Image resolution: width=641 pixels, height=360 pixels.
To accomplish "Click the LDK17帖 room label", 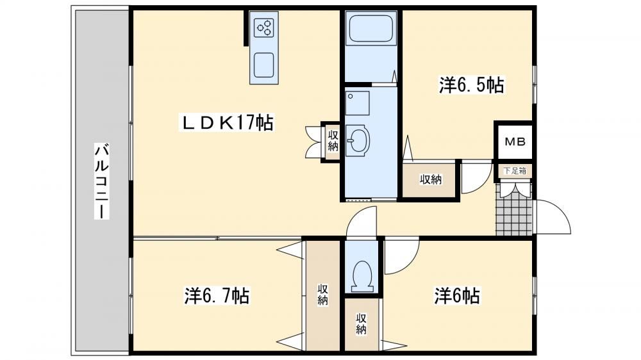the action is point(226,122).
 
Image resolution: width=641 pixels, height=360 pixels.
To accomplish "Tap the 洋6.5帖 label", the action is point(472,85).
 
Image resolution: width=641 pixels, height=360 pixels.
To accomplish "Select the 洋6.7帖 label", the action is point(217,295).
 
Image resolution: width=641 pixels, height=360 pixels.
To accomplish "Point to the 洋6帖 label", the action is point(457,295).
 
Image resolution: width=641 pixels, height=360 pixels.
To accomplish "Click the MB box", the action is point(515,142).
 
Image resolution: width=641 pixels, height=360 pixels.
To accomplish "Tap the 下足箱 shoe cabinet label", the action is point(515,171).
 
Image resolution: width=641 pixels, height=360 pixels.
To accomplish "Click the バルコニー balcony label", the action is point(102,181).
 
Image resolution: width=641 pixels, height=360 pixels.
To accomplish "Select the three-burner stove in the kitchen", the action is point(263,28).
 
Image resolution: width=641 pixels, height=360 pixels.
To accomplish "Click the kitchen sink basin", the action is point(263,65).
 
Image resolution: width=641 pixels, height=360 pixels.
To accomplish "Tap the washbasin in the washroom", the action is point(357,140).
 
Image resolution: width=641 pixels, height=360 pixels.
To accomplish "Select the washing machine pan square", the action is point(357,103).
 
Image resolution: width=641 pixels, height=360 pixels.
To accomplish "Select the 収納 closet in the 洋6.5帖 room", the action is point(431,180).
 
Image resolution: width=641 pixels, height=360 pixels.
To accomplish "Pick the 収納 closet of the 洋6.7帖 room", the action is point(323,295).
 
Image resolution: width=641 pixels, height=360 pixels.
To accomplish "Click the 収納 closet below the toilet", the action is point(360,324).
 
